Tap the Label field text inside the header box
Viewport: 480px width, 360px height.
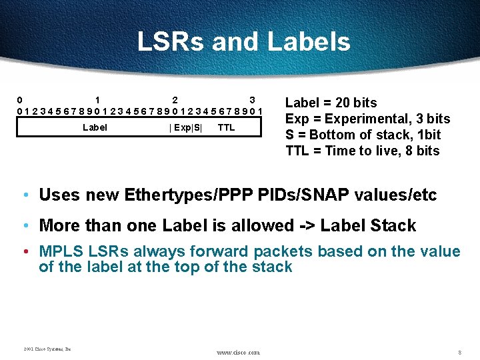(95, 127)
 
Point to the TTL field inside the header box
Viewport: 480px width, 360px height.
(226, 127)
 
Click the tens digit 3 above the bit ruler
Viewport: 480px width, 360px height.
(252, 100)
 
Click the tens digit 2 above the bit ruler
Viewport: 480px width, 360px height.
(175, 100)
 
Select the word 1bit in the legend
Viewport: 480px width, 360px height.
(427, 135)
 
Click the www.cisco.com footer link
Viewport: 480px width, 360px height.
(238, 352)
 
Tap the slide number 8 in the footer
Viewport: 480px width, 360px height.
(459, 351)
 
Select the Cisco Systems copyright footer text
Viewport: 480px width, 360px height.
(47, 349)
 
